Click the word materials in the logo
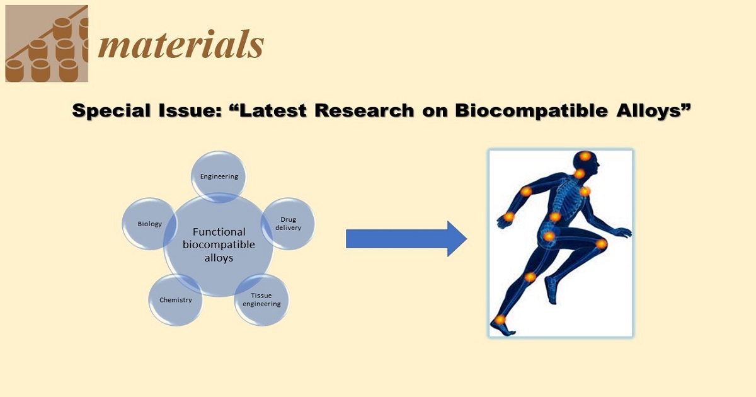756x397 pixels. click(x=181, y=46)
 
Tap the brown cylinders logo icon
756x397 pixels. click(x=46, y=44)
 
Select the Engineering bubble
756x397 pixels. click(x=219, y=176)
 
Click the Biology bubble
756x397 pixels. click(x=150, y=224)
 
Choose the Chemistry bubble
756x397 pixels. click(x=176, y=300)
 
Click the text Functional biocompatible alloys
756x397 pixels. click(x=219, y=245)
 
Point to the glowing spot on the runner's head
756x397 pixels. click(x=585, y=156)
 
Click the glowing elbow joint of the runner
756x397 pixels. click(x=526, y=191)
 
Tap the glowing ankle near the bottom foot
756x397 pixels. click(x=500, y=319)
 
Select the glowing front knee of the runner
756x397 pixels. click(x=601, y=243)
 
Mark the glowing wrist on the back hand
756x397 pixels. click(x=509, y=217)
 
